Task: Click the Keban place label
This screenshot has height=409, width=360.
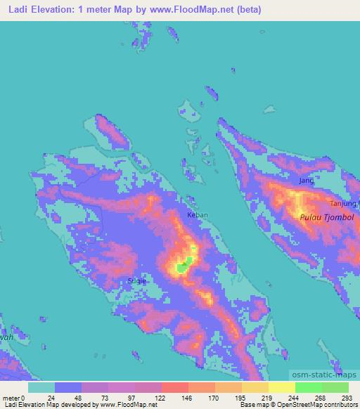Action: click(197, 215)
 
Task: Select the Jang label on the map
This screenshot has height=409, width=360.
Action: click(306, 181)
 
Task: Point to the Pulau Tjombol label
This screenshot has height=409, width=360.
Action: click(326, 218)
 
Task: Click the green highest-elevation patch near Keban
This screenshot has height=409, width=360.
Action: click(184, 266)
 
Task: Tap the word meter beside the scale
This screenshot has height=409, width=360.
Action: click(13, 397)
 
